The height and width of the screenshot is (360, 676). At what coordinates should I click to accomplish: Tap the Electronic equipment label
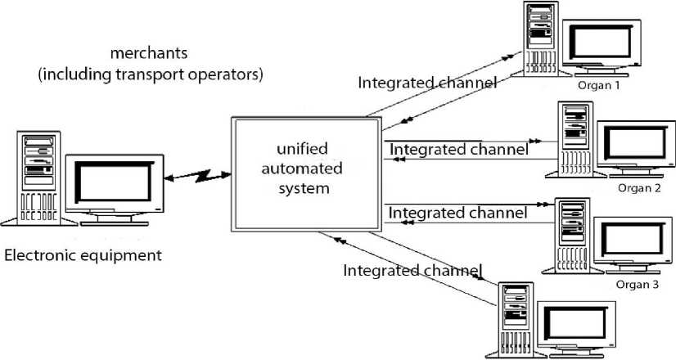tap(83, 255)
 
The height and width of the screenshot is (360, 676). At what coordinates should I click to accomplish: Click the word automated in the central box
tap(305, 170)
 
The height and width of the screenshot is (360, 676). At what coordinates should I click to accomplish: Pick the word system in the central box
tap(305, 189)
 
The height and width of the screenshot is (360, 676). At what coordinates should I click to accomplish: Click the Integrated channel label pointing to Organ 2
tap(458, 150)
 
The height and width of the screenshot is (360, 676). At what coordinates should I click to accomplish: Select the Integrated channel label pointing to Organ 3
tap(458, 213)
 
